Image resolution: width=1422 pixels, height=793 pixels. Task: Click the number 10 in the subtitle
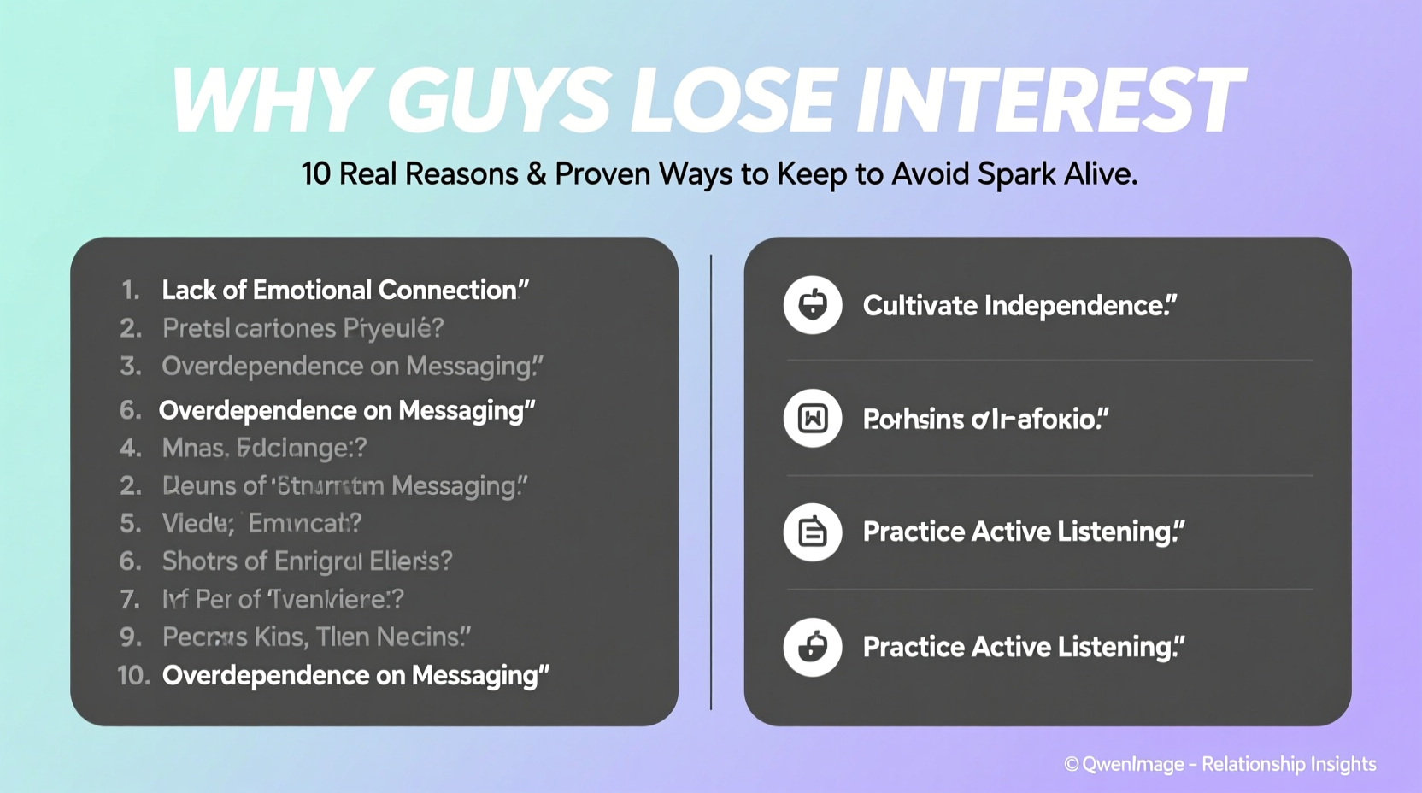coord(315,174)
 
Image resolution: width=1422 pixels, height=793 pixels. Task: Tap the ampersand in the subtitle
coord(537,174)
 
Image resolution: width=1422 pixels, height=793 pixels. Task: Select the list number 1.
coord(130,291)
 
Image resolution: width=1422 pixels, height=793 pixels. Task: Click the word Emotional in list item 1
coord(311,291)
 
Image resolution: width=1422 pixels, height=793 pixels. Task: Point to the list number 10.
coord(133,676)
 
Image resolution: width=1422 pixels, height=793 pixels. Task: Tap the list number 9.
coord(130,637)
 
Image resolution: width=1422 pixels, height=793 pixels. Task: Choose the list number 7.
coord(130,600)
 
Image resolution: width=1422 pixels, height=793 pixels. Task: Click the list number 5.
coord(130,523)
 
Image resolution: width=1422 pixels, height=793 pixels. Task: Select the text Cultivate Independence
coord(1019,306)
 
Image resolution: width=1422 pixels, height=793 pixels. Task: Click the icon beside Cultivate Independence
coord(812,305)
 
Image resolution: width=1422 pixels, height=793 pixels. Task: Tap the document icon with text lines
coord(812,532)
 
